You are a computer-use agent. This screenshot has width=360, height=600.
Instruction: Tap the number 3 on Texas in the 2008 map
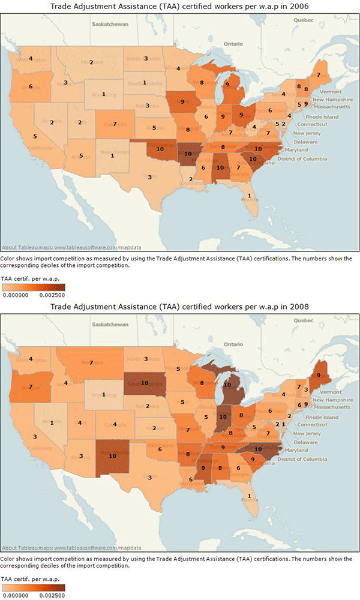pos(149,477)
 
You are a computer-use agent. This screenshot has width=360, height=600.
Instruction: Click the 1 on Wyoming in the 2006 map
pos(103,94)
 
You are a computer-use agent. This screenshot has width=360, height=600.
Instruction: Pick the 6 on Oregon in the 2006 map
pos(31,86)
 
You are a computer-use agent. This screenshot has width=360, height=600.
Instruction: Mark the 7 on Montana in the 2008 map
pos(91,363)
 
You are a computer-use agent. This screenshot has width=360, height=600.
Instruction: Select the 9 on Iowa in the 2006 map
pos(182,102)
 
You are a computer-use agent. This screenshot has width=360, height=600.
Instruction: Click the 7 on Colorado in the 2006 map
pos(114,124)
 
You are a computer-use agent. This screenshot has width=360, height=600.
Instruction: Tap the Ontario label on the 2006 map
pos(233,44)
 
